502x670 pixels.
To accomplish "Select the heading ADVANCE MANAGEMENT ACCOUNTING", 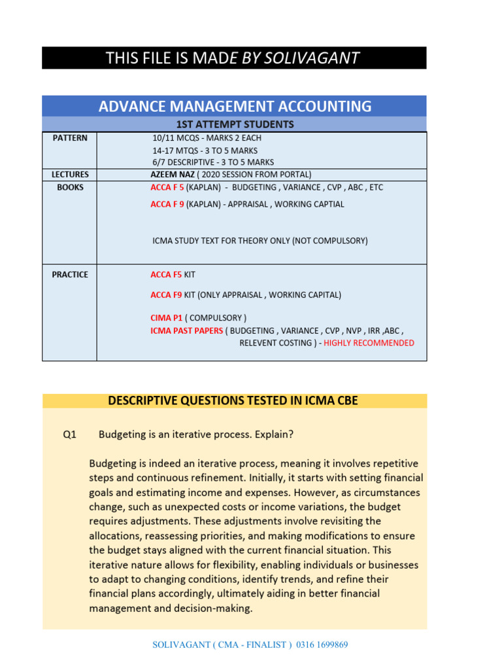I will pyautogui.click(x=235, y=106).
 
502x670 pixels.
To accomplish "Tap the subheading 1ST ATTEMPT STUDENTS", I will pyautogui.click(x=235, y=124).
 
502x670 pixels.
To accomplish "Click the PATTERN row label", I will pyautogui.click(x=70, y=138).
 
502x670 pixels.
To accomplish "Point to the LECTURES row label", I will pyautogui.click(x=70, y=175).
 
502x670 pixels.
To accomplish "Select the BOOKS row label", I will pyautogui.click(x=70, y=187).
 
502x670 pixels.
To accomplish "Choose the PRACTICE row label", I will pyautogui.click(x=70, y=275).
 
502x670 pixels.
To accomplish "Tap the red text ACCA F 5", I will pyautogui.click(x=167, y=187).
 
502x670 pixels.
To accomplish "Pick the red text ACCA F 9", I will pyautogui.click(x=167, y=204).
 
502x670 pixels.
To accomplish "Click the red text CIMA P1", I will pyautogui.click(x=166, y=318).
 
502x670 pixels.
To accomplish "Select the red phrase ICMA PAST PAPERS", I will pyautogui.click(x=187, y=330).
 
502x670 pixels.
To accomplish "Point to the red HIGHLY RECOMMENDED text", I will pyautogui.click(x=369, y=343).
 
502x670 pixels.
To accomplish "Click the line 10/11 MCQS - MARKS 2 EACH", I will pyautogui.click(x=207, y=138).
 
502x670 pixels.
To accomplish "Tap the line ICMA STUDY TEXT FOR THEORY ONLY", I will pyautogui.click(x=260, y=241).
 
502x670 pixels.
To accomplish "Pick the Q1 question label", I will pyautogui.click(x=70, y=434).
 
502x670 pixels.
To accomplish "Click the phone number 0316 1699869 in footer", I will pyautogui.click(x=322, y=644).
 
